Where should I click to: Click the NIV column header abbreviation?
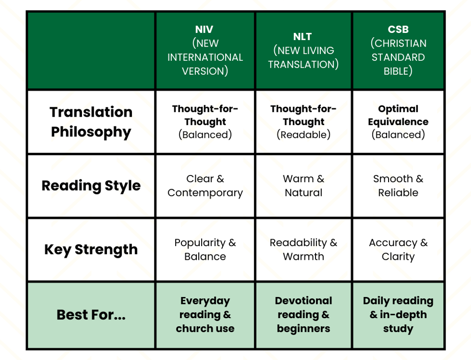point(204,29)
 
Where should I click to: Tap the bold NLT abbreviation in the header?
point(302,37)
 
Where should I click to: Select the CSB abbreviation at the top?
point(398,29)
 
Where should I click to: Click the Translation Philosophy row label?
point(91,122)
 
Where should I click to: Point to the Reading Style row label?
point(91,186)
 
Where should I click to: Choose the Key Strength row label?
point(91,249)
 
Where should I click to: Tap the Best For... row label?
point(91,315)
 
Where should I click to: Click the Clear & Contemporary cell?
point(205,186)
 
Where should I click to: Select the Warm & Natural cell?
point(303,186)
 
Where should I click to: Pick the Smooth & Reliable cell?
point(398,186)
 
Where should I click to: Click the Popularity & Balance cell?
point(205,249)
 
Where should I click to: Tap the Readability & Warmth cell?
point(303,249)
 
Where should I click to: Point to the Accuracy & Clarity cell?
point(398,249)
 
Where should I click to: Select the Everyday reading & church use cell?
point(205,315)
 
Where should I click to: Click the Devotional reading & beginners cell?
point(303,315)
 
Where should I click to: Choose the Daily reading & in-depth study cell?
point(398,315)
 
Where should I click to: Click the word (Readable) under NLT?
point(303,135)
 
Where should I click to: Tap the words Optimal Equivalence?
point(398,115)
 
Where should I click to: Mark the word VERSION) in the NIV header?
point(205,71)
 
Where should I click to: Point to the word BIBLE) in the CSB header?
point(398,71)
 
